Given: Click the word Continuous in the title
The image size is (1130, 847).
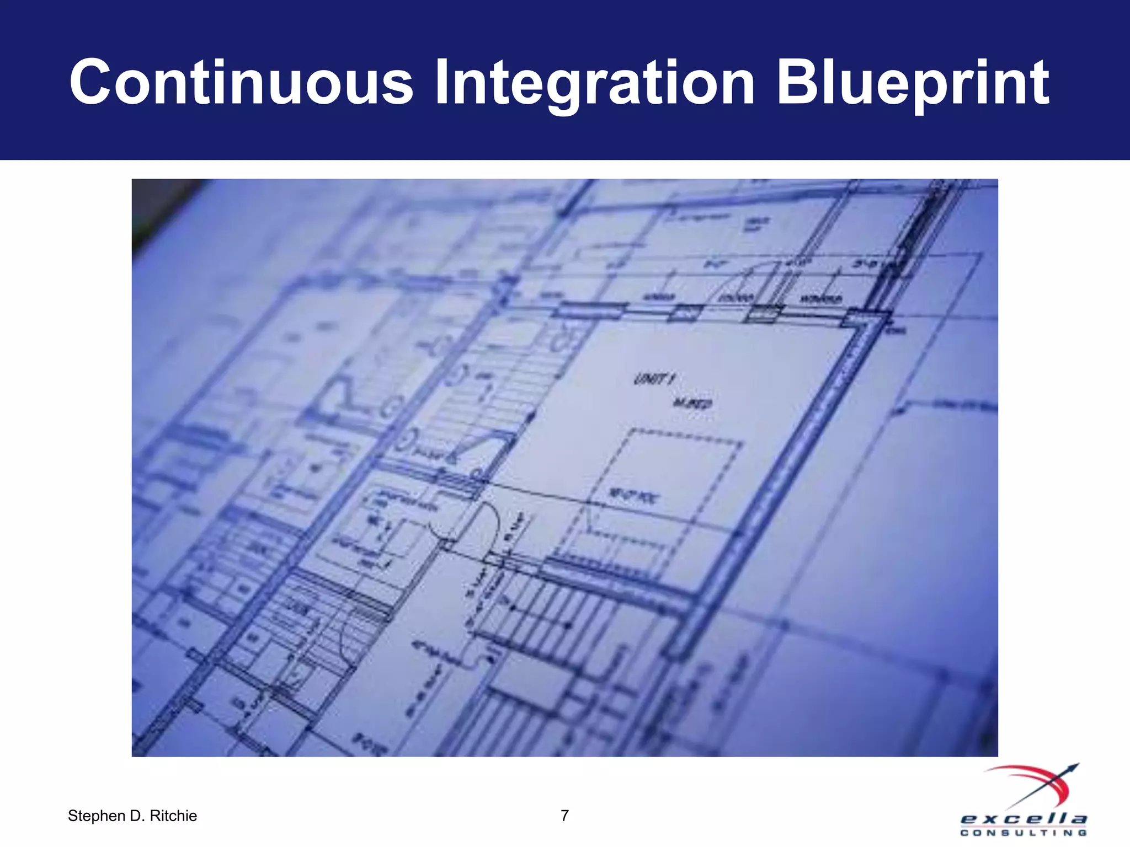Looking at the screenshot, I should tap(241, 83).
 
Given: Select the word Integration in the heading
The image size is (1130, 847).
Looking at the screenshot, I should tap(594, 83).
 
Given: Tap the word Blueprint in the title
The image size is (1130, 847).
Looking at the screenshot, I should tap(913, 83).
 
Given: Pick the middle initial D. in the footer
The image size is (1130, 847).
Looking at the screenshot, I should tap(137, 816).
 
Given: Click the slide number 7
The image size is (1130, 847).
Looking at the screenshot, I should tap(564, 815).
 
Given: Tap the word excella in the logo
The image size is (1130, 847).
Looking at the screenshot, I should tap(1024, 819).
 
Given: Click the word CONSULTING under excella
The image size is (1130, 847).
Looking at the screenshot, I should tap(1024, 833).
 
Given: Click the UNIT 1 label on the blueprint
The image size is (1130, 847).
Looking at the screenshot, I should tap(654, 379).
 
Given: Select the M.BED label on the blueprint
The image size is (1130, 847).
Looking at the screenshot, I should tap(692, 404).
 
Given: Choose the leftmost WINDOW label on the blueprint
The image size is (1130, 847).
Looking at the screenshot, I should tap(660, 297).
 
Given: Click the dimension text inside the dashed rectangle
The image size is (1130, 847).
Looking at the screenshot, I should tap(632, 496).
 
